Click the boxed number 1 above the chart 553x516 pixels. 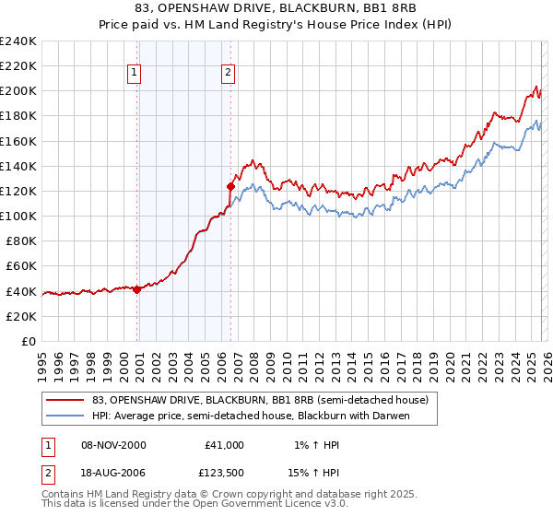(135, 73)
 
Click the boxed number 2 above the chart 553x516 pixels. (228, 73)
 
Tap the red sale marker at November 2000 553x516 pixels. (137, 289)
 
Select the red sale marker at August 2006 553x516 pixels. (231, 186)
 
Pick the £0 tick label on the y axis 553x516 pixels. (28, 341)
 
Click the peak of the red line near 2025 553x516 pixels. (537, 88)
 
